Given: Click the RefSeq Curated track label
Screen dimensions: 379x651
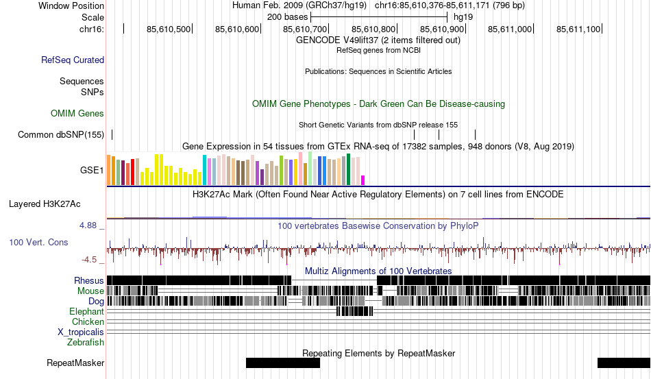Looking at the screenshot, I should coord(73,60).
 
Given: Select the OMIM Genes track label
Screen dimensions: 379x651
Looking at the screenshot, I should coord(77,114).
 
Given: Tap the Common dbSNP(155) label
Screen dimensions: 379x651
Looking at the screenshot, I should coord(61,135).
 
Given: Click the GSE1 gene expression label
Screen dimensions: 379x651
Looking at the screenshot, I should coord(92,170).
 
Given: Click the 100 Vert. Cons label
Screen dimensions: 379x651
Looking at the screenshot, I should coord(38,243).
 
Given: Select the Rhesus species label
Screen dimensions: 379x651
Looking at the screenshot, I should coord(89,280).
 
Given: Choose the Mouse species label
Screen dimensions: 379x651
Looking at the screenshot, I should coord(91,291).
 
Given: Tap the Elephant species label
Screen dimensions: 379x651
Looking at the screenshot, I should coord(86,311).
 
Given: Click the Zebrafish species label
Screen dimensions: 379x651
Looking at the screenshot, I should coord(86,342).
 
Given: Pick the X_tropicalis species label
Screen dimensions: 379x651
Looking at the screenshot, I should coord(81,332).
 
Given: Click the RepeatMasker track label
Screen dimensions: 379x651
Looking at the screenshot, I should coord(75,363).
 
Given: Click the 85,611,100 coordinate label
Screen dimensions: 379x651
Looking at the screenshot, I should coord(578,29).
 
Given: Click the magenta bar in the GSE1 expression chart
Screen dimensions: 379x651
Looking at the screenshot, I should coord(363,180).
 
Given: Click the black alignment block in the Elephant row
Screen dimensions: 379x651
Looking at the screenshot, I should coord(354,311).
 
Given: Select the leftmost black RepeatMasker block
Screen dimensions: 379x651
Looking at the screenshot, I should coord(282,363).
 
